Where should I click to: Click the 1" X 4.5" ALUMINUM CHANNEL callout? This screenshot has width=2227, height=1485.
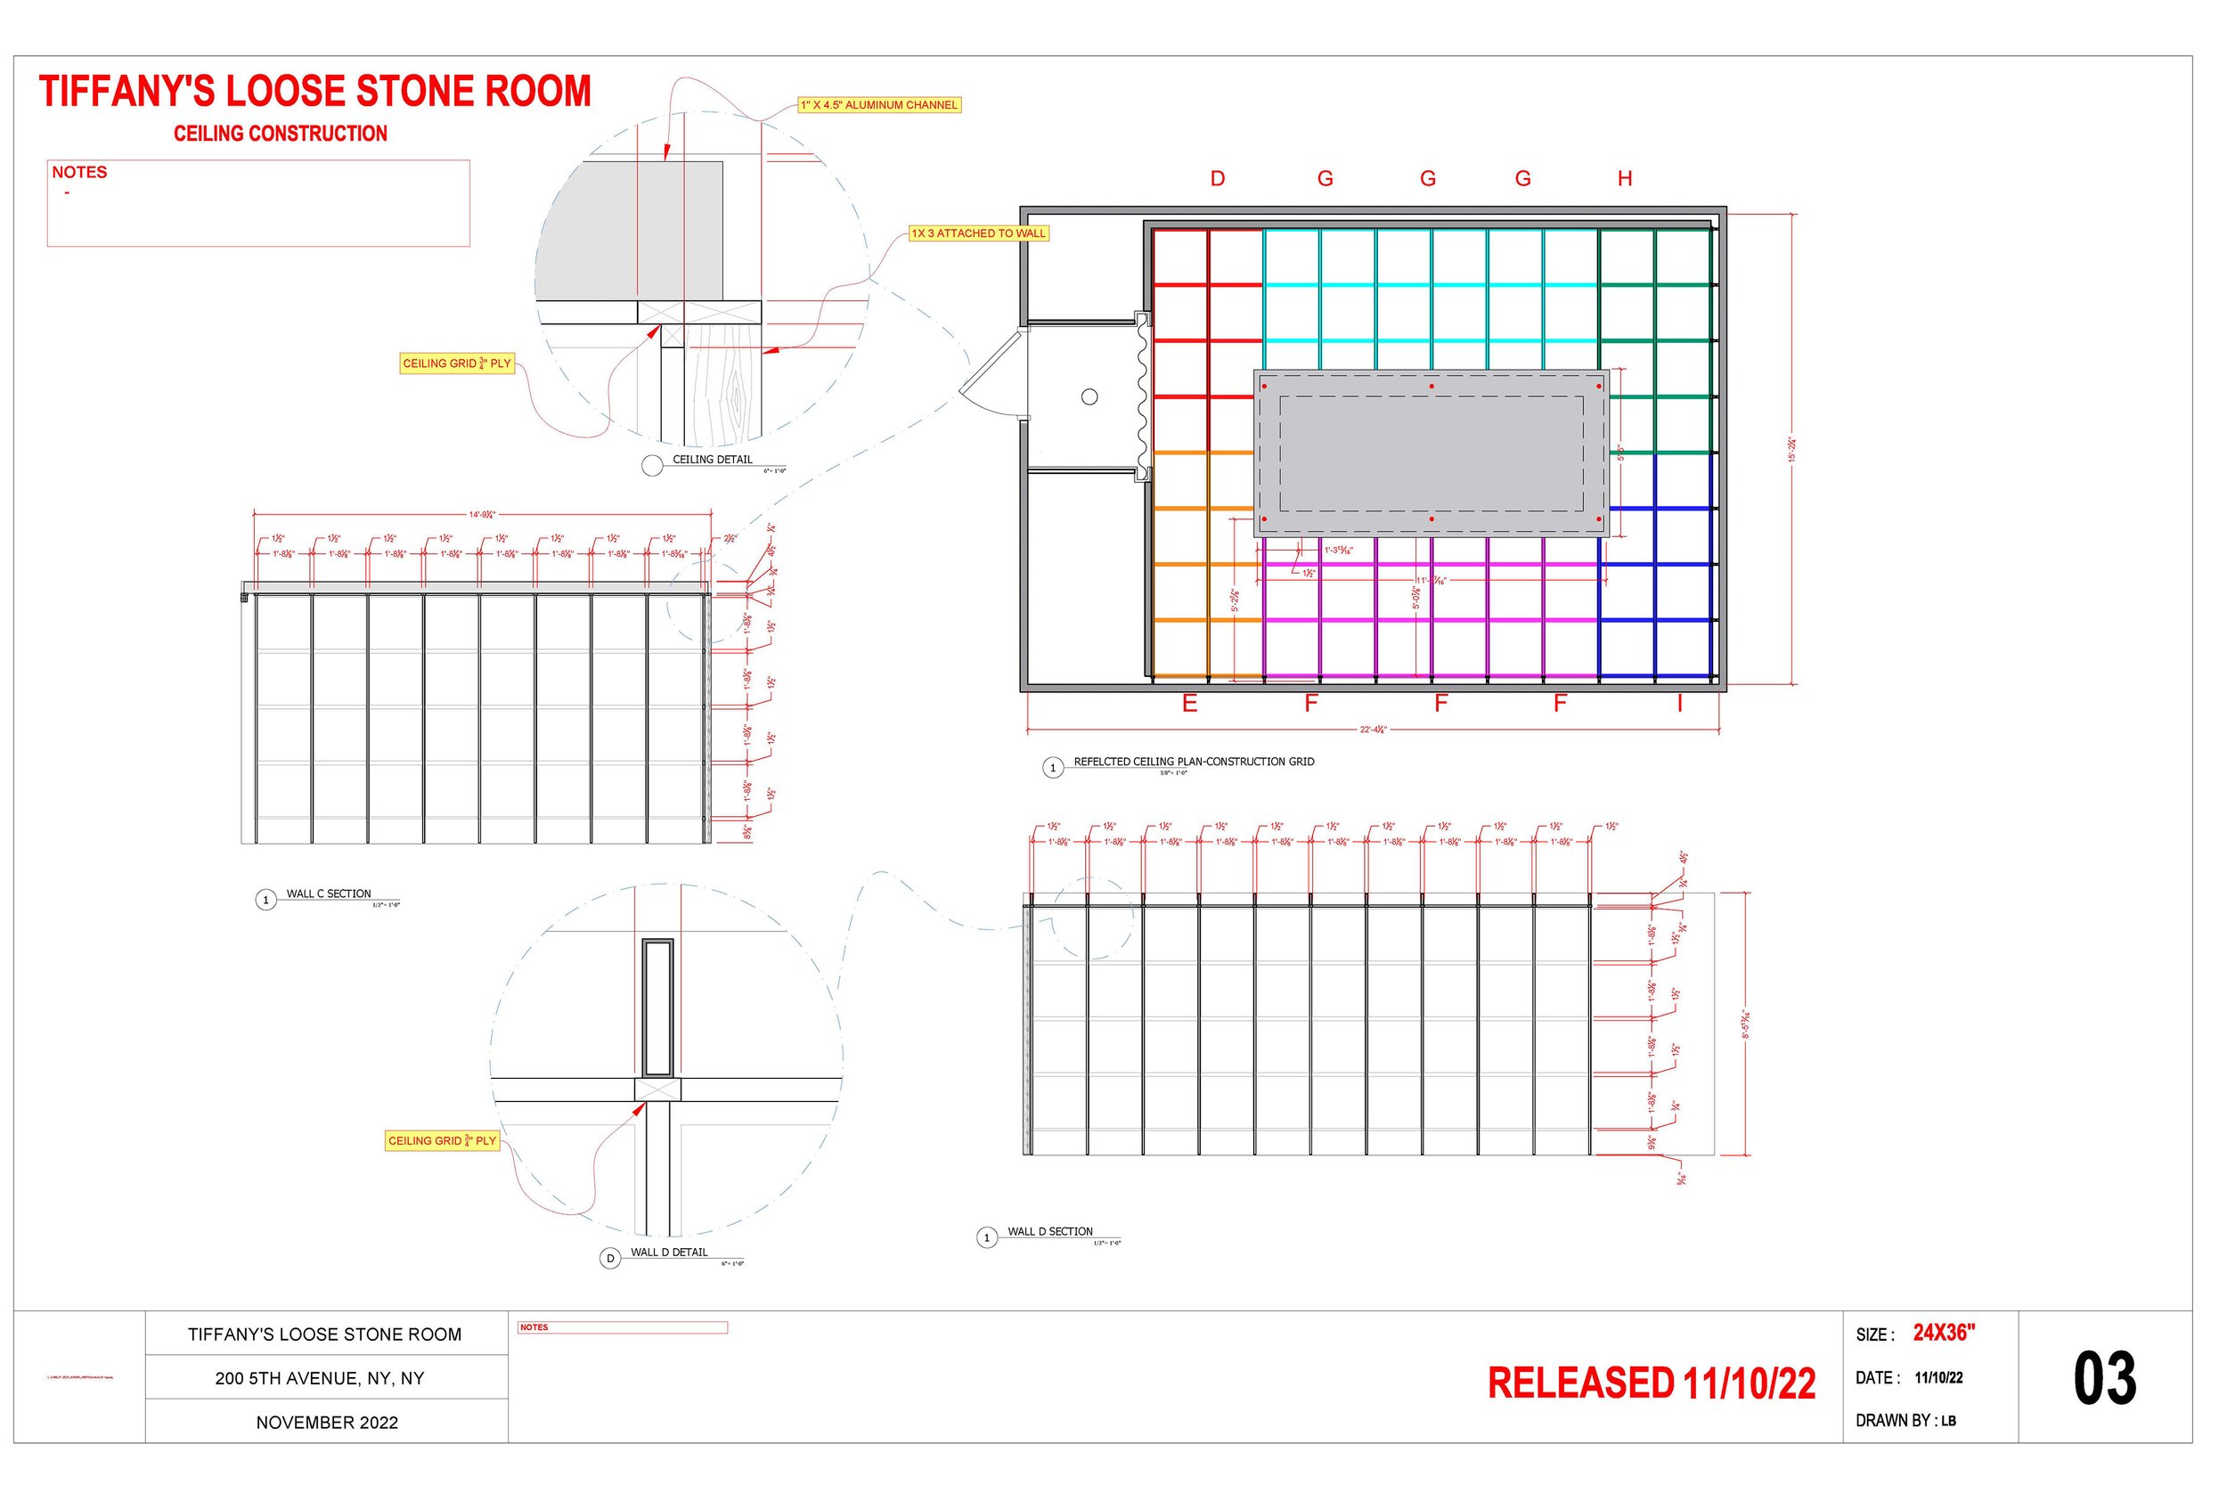point(878,105)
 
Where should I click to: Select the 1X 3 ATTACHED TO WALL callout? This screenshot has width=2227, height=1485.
point(978,233)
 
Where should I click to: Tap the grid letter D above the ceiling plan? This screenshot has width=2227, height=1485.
point(1218,179)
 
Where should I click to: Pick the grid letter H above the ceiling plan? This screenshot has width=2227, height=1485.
point(1625,179)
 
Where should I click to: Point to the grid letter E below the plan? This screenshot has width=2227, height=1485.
point(1190,704)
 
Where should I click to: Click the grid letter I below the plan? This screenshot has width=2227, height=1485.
point(1680,704)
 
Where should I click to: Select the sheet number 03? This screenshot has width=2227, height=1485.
point(2104,1379)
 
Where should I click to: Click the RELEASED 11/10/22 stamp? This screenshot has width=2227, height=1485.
point(1652,1383)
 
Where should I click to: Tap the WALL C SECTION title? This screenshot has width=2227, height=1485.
point(329,894)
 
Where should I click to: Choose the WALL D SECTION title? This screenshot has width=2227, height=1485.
point(1050,1232)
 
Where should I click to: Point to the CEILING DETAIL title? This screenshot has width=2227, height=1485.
point(712,461)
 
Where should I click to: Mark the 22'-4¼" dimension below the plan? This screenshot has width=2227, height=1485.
point(1373,730)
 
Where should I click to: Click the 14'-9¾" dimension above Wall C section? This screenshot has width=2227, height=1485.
point(482,515)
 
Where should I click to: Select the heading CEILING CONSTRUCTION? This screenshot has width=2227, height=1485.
point(281,134)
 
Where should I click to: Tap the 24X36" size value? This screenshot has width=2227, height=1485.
point(1944,1334)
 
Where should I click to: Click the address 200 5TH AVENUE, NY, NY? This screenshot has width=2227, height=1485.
point(319,1379)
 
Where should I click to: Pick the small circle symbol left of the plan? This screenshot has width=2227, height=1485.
point(1089,396)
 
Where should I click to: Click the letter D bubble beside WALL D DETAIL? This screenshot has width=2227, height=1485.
point(611,1259)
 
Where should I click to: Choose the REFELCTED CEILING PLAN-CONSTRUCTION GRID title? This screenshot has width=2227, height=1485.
point(1193,763)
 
